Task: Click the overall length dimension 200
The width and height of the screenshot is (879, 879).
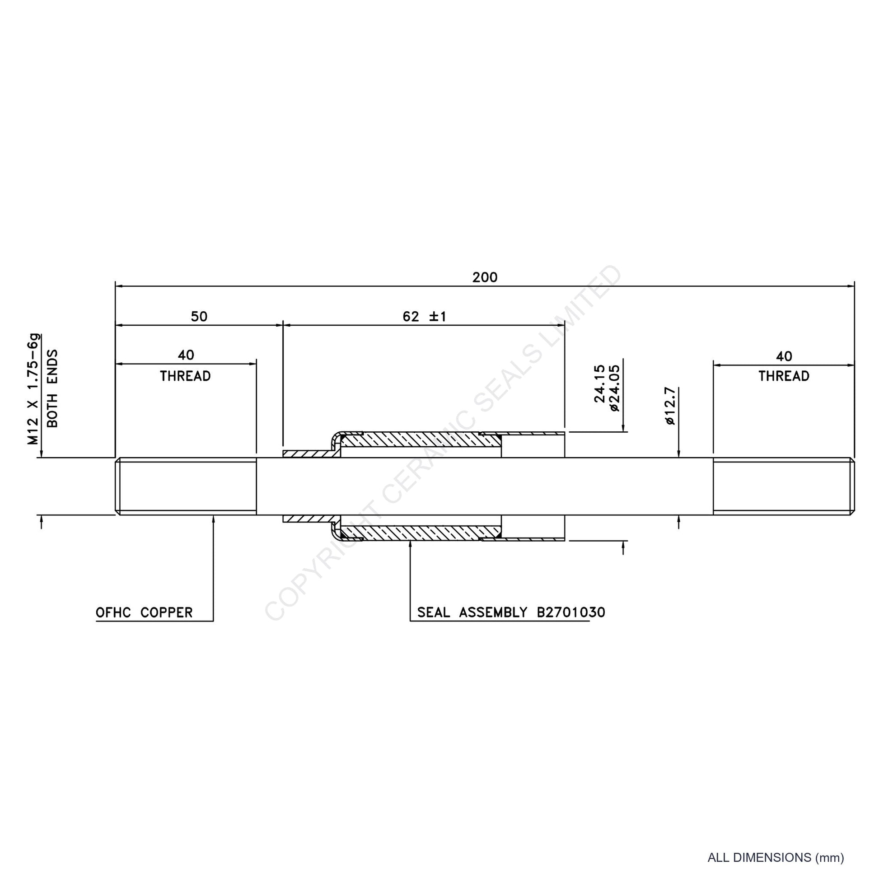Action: point(485,277)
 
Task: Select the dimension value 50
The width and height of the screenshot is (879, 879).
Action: point(199,316)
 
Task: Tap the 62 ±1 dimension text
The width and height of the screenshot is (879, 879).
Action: point(425,316)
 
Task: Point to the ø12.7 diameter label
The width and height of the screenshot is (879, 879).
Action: point(670,406)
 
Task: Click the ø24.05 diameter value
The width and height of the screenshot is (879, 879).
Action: point(615,388)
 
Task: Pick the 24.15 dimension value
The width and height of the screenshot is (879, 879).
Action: point(600,383)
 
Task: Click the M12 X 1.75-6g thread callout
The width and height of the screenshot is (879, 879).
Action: point(33,389)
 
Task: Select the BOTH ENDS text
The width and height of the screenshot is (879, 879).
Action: point(52,388)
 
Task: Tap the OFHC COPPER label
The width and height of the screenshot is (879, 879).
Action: point(144,612)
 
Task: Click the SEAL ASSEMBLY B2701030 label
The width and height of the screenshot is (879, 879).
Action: point(511,612)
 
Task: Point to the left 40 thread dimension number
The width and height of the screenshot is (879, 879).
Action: point(186,355)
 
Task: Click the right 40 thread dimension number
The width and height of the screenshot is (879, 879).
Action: point(784,356)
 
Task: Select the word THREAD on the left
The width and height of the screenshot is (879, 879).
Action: point(185,376)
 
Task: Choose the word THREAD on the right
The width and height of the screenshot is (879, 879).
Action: point(784,376)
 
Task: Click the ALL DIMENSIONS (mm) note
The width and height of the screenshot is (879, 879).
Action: point(776,858)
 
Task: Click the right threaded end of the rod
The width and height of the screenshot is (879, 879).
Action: point(783,486)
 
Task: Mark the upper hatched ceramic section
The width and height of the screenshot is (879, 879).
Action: point(421,440)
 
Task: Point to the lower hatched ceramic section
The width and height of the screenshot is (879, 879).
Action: point(421,532)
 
